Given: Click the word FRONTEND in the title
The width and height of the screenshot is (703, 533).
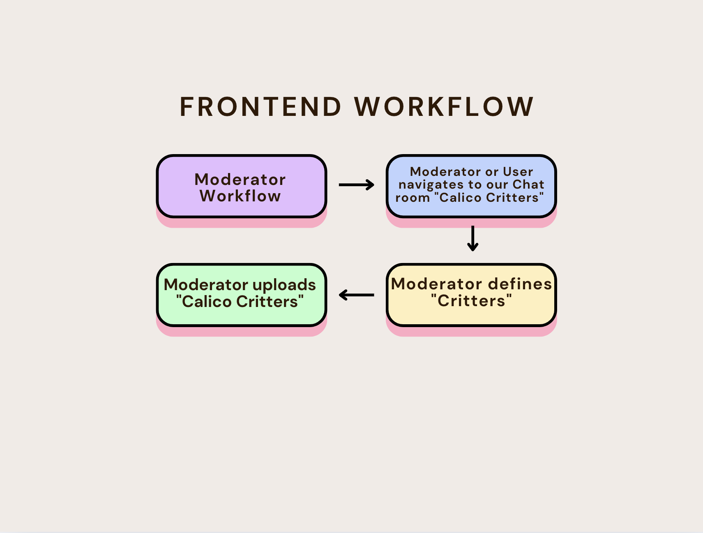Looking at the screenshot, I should tap(260, 107).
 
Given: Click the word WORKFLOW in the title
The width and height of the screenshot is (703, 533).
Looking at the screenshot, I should tap(444, 107).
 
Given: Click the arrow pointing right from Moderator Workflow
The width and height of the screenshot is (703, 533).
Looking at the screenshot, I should tap(356, 185).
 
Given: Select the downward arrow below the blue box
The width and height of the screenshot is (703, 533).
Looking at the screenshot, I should tap(473, 238).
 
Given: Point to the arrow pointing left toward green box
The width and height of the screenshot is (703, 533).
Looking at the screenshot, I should tap(356, 295).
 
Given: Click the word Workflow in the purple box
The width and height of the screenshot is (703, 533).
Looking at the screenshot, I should tap(240, 196).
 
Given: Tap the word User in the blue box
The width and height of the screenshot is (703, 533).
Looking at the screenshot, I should tap(518, 171).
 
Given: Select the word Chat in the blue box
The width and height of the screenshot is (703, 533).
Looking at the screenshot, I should tap(528, 185).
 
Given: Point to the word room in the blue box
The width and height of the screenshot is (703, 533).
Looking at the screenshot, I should tap(413, 198).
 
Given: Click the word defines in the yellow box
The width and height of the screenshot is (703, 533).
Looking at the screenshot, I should tap(520, 284).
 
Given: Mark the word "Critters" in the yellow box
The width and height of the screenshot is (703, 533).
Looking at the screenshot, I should tap(471, 301).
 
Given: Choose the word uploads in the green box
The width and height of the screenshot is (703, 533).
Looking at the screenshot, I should tap(284, 285).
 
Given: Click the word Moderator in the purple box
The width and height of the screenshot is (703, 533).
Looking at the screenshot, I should tap(240, 180).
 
